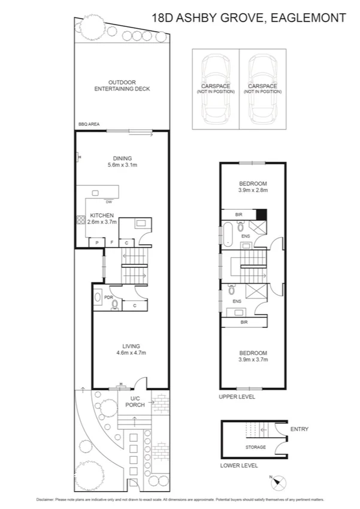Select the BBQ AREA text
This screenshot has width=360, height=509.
(88, 124)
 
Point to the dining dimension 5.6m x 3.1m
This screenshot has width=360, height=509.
(122, 165)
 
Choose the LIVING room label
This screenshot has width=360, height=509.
(131, 346)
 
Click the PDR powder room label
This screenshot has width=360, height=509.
(109, 297)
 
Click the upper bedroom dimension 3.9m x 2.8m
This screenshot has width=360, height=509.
(252, 190)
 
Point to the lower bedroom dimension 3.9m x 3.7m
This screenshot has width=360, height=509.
(252, 360)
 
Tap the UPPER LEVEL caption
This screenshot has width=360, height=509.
(238, 397)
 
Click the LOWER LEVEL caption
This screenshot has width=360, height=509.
(239, 465)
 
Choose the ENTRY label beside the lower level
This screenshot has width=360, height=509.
(299, 429)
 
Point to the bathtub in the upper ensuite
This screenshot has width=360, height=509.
(228, 229)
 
